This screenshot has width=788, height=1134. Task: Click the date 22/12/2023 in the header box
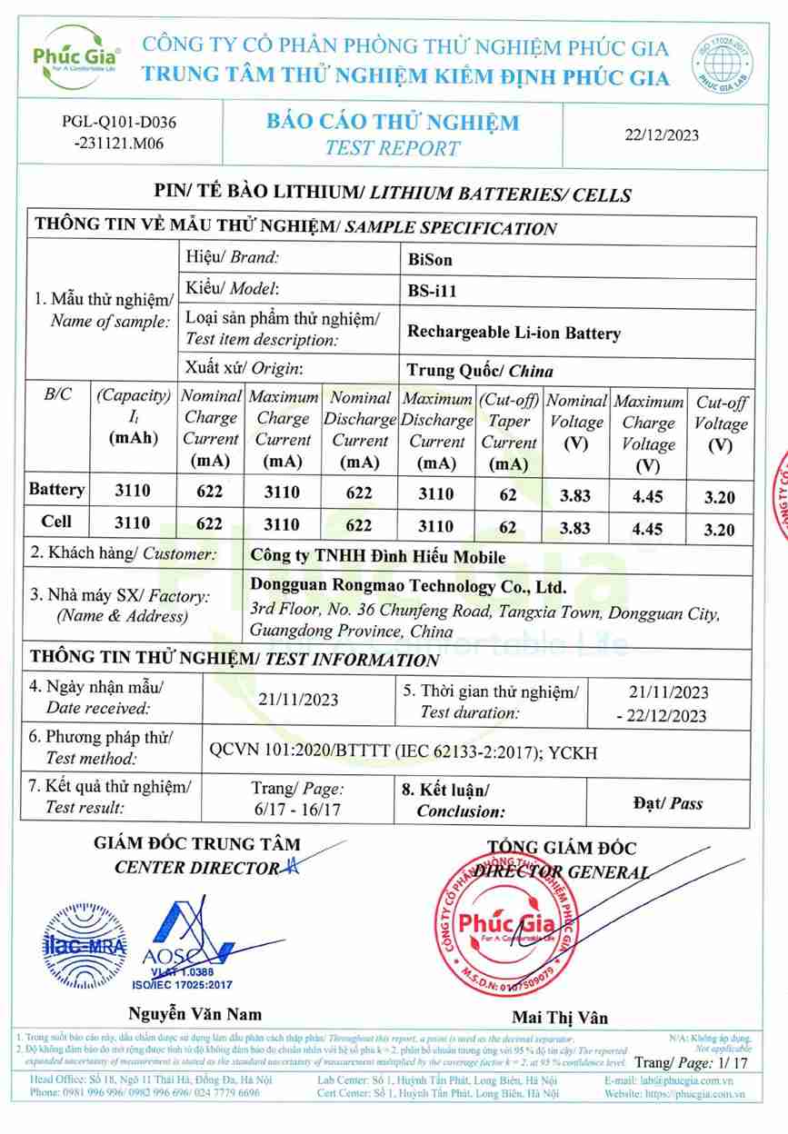pyautogui.click(x=662, y=134)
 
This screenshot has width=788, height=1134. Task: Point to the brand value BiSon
pyautogui.click(x=431, y=259)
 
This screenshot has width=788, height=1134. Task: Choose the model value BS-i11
pyautogui.click(x=433, y=292)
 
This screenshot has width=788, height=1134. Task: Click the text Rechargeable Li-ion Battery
pyautogui.click(x=514, y=333)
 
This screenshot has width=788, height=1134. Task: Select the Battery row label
pyautogui.click(x=57, y=490)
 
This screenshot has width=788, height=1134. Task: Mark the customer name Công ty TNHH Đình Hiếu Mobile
pyautogui.click(x=377, y=557)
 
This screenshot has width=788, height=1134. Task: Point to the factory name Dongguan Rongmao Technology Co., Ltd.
pyautogui.click(x=407, y=587)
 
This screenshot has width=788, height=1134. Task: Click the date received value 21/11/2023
pyautogui.click(x=298, y=699)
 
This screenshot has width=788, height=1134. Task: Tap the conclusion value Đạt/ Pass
pyautogui.click(x=666, y=803)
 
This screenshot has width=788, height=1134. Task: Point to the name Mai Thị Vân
pyautogui.click(x=560, y=1017)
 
